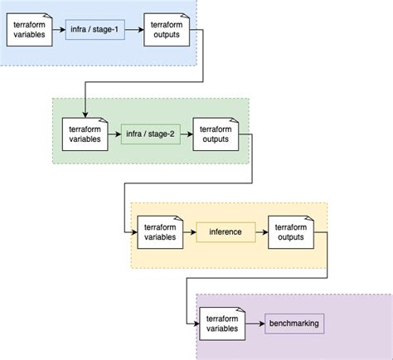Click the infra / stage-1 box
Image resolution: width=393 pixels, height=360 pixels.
pyautogui.click(x=102, y=32)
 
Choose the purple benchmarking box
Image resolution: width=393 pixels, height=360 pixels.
pyautogui.click(x=294, y=323)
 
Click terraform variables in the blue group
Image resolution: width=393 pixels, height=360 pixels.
pyautogui.click(x=30, y=32)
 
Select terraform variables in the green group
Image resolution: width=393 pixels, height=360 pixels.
pyautogui.click(x=85, y=133)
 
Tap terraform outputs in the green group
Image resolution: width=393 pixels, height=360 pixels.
pyautogui.click(x=216, y=133)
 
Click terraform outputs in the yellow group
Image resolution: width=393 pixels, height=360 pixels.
pyautogui.click(x=289, y=231)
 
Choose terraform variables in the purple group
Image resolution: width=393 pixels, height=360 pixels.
pyautogui.click(x=221, y=323)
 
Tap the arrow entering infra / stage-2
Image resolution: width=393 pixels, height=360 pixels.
pyautogui.click(x=114, y=133)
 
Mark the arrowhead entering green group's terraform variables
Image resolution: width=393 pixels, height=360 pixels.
pyautogui.click(x=85, y=114)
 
